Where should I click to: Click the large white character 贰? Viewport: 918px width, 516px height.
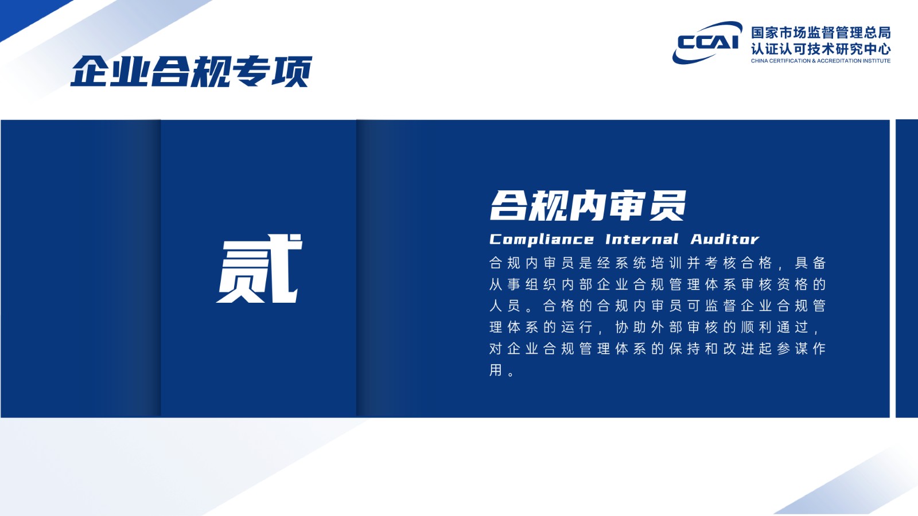[259, 269]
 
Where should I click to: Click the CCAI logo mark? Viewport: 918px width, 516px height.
[707, 42]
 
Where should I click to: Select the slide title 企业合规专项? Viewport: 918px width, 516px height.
[192, 72]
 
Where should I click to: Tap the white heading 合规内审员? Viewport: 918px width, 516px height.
[588, 206]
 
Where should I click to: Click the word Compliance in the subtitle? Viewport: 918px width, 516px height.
[542, 240]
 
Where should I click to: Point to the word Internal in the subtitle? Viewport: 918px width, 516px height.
[642, 239]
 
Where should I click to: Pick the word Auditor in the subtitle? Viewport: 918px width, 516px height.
[725, 239]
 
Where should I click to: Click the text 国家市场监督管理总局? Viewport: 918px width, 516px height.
[821, 32]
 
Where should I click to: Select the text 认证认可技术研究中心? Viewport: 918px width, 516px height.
[821, 49]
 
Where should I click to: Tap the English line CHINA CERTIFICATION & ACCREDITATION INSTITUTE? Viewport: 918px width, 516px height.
[821, 61]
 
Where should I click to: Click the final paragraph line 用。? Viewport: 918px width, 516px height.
[501, 370]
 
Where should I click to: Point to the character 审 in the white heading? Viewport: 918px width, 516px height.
[627, 206]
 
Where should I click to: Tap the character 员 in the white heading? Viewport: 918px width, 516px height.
[668, 206]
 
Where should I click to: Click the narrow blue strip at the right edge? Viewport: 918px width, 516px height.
[907, 269]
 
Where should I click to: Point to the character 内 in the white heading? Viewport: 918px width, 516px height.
[588, 206]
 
